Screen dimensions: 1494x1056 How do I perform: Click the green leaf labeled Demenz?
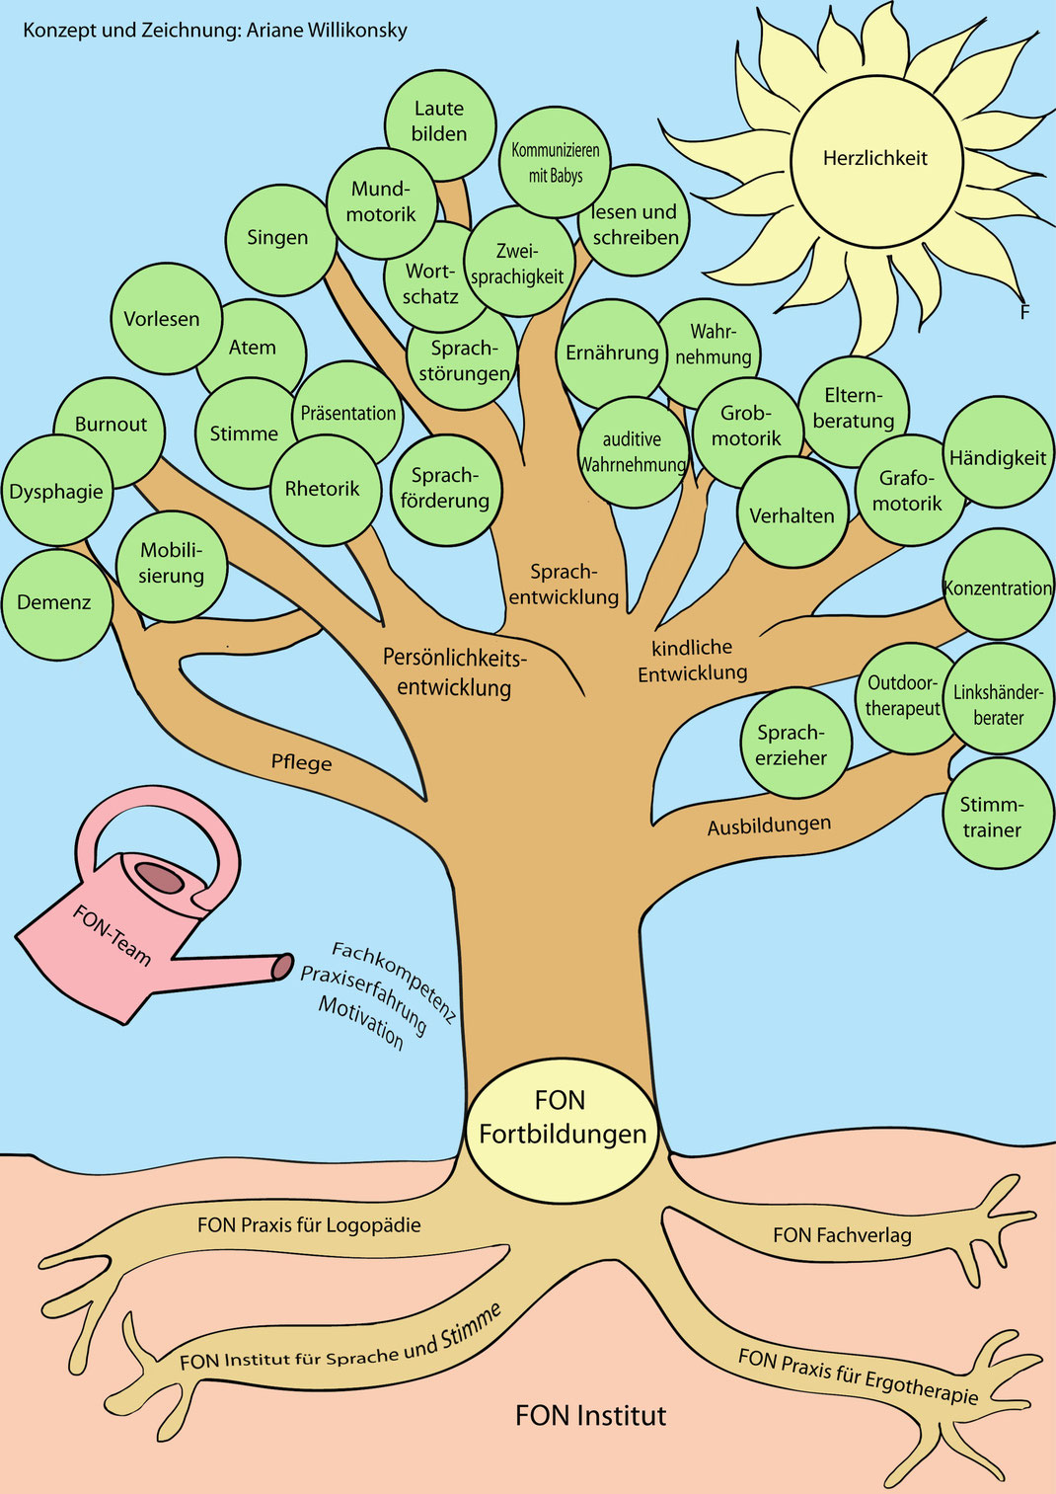[55, 603]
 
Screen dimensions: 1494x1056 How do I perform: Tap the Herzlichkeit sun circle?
[875, 158]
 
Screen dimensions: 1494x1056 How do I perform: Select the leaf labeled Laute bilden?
[439, 122]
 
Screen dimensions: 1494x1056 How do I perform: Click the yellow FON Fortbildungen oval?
[562, 1119]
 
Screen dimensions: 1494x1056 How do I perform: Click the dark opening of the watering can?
[158, 876]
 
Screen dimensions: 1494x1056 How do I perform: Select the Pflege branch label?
[301, 762]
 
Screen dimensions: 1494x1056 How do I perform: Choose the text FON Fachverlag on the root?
[842, 1234]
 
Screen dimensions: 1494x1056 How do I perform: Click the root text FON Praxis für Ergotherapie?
[858, 1376]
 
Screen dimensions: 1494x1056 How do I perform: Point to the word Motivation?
[360, 1022]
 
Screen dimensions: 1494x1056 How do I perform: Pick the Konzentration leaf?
[999, 588]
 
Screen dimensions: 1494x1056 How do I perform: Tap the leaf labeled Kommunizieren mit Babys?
[555, 163]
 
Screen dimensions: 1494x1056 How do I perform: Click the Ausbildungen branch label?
[769, 825]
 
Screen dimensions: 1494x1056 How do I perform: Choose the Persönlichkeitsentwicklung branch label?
[455, 672]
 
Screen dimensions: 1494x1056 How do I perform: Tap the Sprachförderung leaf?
[445, 489]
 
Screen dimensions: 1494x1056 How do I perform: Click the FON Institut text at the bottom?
[590, 1416]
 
